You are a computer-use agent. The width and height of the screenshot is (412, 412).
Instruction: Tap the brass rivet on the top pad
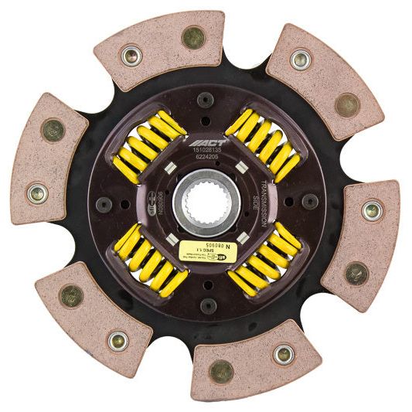pyautogui.click(x=192, y=36)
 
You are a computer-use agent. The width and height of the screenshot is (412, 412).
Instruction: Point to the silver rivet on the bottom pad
pyautogui.click(x=284, y=355)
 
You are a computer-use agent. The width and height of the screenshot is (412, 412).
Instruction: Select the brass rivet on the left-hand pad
pyautogui.click(x=53, y=129)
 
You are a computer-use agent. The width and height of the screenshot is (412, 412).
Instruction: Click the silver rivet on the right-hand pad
pyautogui.click(x=373, y=209)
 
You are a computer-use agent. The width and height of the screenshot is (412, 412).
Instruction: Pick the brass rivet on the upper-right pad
pyautogui.click(x=347, y=104)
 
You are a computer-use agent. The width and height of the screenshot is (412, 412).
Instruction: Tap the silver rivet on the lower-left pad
pyautogui.click(x=117, y=339)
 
